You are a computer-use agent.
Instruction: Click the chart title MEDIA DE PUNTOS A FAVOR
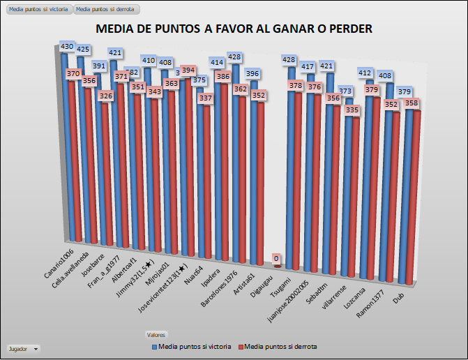click(x=234, y=29)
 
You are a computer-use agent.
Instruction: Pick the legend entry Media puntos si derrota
click(x=277, y=347)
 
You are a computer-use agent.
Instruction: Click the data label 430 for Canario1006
click(x=67, y=47)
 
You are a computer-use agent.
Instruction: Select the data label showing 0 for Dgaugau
click(x=276, y=260)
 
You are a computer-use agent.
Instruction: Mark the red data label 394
click(x=188, y=70)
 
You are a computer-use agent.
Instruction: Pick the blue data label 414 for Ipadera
click(x=217, y=62)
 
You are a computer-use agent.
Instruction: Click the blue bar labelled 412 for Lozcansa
click(x=368, y=174)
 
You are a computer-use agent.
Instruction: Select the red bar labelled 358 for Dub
click(x=413, y=195)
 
